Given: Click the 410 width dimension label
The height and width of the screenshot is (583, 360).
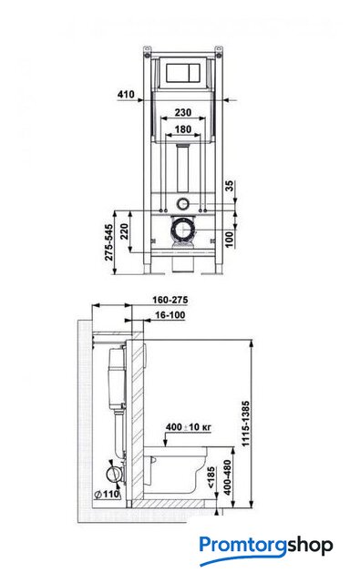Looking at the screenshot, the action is click(x=126, y=95).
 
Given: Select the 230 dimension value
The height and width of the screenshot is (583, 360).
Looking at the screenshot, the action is click(x=183, y=112).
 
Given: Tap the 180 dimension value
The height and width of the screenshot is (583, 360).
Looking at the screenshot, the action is click(x=183, y=129).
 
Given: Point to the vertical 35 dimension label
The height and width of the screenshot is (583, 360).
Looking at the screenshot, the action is click(x=231, y=186).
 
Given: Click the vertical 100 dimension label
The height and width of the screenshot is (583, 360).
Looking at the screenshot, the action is click(x=230, y=239).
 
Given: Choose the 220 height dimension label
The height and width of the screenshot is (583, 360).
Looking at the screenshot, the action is click(x=124, y=231).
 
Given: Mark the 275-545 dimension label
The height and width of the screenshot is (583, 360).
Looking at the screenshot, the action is click(x=108, y=242).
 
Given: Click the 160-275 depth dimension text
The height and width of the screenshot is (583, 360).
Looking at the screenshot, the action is click(x=170, y=300).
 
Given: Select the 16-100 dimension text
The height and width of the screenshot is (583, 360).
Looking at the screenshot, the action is click(x=170, y=315).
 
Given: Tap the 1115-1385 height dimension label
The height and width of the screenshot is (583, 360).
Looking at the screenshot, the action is click(x=246, y=424).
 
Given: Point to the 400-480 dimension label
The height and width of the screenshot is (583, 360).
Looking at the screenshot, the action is click(x=227, y=477).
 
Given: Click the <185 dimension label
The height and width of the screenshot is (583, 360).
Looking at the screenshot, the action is click(x=211, y=477).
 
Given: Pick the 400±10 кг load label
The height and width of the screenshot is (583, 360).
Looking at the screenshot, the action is click(x=188, y=427).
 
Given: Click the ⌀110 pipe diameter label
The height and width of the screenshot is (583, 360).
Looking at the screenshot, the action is click(x=108, y=494).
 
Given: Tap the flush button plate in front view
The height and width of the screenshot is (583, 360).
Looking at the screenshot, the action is click(x=183, y=73).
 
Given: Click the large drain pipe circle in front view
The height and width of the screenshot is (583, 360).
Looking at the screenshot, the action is click(x=184, y=230).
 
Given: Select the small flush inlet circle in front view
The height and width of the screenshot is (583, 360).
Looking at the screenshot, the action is click(x=183, y=203).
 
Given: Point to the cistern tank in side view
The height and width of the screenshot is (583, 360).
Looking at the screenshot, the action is click(x=118, y=377).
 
